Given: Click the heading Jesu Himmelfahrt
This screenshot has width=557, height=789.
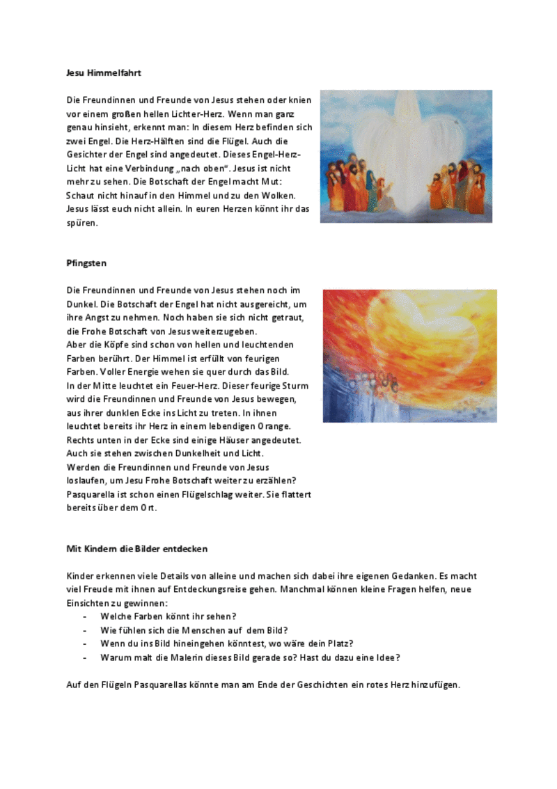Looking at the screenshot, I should tap(104, 72).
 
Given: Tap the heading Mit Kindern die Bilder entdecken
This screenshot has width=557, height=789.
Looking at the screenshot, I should tap(136, 549).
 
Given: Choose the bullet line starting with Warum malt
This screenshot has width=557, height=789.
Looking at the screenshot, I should tap(250, 657).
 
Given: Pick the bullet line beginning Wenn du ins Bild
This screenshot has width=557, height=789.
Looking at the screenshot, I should tap(226, 643).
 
